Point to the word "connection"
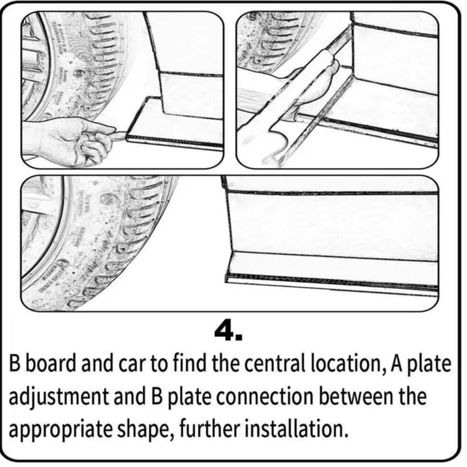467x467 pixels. coord(265,397)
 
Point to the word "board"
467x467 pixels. coord(50,364)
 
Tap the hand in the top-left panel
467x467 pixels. coord(74,139)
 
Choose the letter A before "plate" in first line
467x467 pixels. coord(395,363)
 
